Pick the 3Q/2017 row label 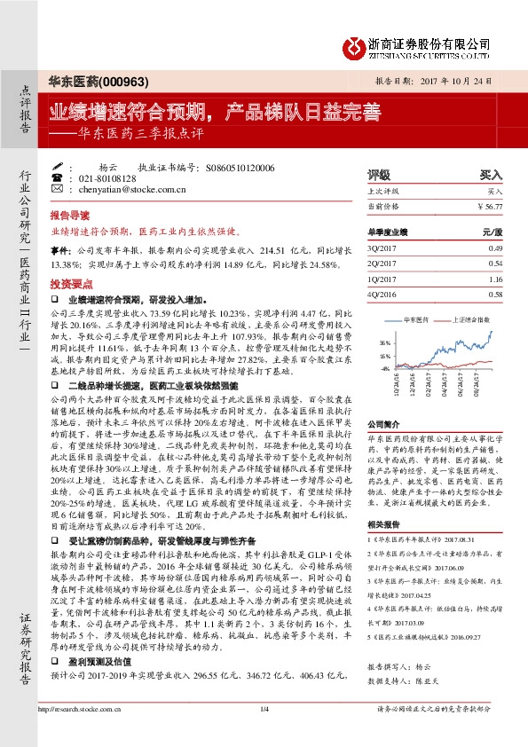point(381,249)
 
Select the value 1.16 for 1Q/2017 point(495,279)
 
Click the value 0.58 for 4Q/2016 point(495,294)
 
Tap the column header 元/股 point(493,232)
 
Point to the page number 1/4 point(264,733)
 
